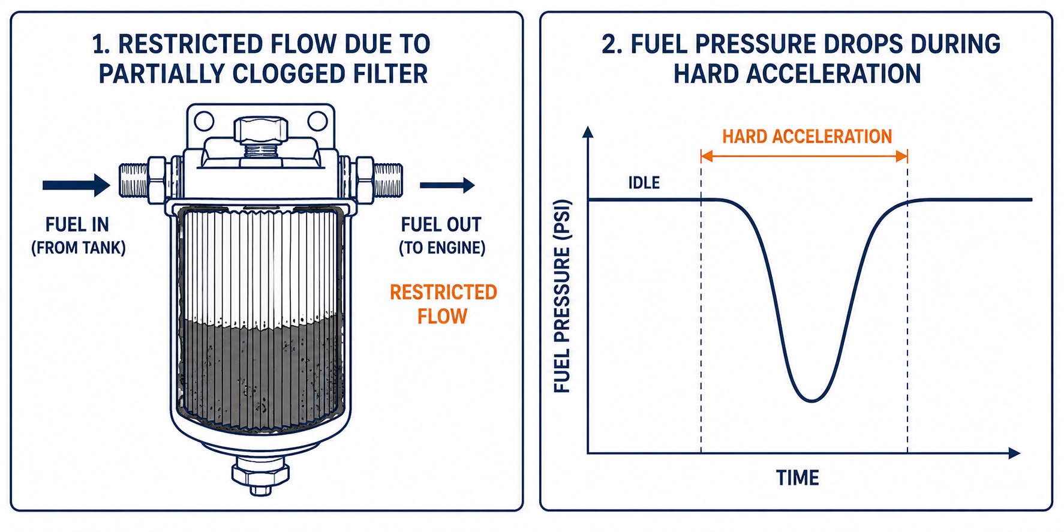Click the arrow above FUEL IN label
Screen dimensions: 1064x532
(76, 185)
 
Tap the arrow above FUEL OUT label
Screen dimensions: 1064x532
(447, 185)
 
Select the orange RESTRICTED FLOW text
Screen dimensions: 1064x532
(443, 304)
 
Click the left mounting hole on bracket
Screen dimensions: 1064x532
(204, 121)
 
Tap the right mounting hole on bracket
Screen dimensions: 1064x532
(317, 121)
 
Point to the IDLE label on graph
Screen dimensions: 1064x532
(644, 182)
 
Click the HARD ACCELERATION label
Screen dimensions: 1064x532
(807, 137)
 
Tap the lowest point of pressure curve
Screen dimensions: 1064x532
(811, 400)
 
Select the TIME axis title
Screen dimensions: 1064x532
(797, 478)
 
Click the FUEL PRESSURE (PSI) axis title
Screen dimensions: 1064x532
(562, 296)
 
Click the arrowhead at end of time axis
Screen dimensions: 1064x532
(1014, 453)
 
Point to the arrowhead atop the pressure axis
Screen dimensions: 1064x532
(588, 133)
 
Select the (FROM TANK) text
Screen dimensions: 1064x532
(79, 248)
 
